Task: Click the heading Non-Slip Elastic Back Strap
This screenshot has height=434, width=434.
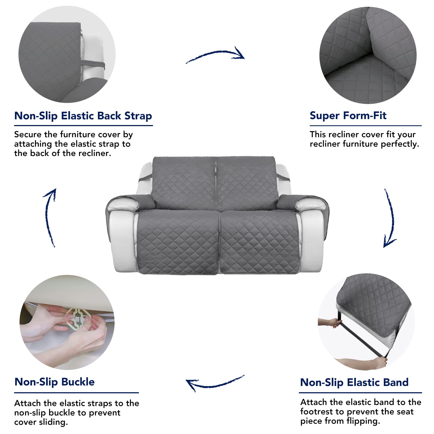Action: click(x=83, y=116)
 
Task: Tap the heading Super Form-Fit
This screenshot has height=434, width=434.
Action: click(x=348, y=116)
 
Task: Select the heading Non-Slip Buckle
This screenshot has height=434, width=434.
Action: click(x=55, y=382)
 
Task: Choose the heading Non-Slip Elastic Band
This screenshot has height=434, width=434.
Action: click(x=354, y=382)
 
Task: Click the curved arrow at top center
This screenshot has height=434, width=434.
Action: click(x=216, y=55)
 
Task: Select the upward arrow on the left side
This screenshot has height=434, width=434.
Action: click(x=49, y=217)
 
